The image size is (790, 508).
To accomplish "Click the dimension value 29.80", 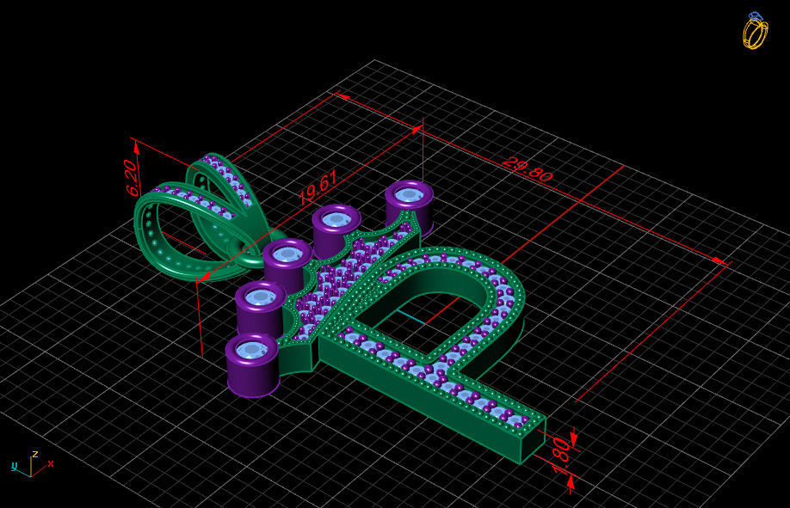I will pos(527,169).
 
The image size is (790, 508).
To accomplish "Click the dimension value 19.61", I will pos(317,187).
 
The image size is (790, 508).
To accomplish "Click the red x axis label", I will pos(51,463).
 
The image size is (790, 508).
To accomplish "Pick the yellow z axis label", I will pos(34,453).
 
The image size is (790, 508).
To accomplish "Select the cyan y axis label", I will pos(15,466).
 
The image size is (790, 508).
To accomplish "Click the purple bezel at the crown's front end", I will pos(252,364).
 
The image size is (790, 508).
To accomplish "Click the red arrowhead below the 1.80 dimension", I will pos(571,482).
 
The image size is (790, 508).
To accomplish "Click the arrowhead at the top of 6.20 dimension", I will pos(136,141).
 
